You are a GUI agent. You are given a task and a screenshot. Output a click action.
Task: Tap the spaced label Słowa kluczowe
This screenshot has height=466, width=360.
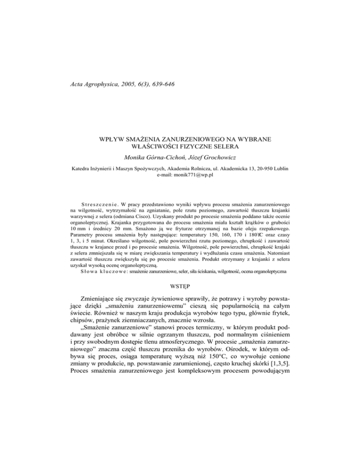point(97,271)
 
